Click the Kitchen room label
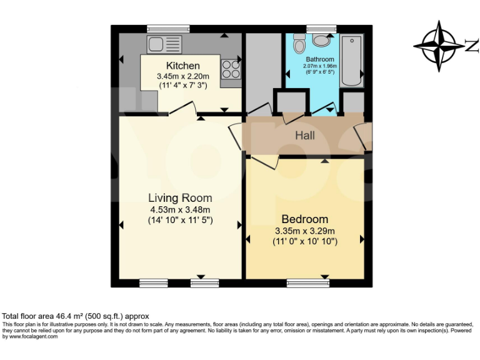[x=182, y=66]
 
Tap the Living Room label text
[x=180, y=198]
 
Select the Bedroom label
[x=304, y=219]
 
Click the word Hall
[x=305, y=135]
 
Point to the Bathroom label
[x=320, y=59]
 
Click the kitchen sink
[x=164, y=44]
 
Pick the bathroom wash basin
[x=322, y=41]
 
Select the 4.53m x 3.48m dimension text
[x=180, y=209]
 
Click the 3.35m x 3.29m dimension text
[x=304, y=231]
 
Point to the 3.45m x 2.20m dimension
[x=182, y=76]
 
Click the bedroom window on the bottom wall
[x=307, y=283]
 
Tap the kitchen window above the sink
[x=168, y=28]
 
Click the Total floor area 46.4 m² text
[x=76, y=317]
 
